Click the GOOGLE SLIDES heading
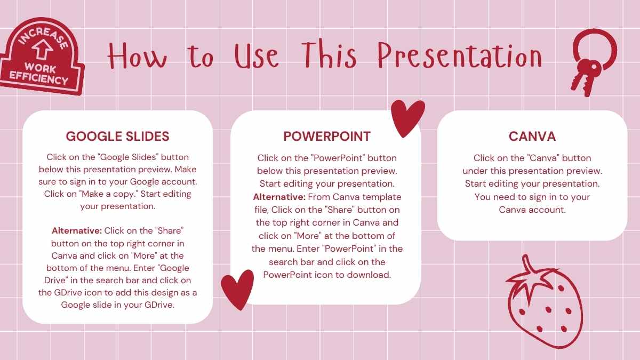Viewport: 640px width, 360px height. [x=117, y=136]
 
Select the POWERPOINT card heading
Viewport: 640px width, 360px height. [x=327, y=136]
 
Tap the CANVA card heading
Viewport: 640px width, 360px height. [x=532, y=136]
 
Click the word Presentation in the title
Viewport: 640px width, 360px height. [x=459, y=56]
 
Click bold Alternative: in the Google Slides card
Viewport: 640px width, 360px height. [x=77, y=231]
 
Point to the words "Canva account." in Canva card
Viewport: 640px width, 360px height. [x=532, y=210]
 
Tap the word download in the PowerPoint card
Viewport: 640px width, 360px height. [x=373, y=275]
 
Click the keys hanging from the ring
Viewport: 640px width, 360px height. [x=586, y=75]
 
